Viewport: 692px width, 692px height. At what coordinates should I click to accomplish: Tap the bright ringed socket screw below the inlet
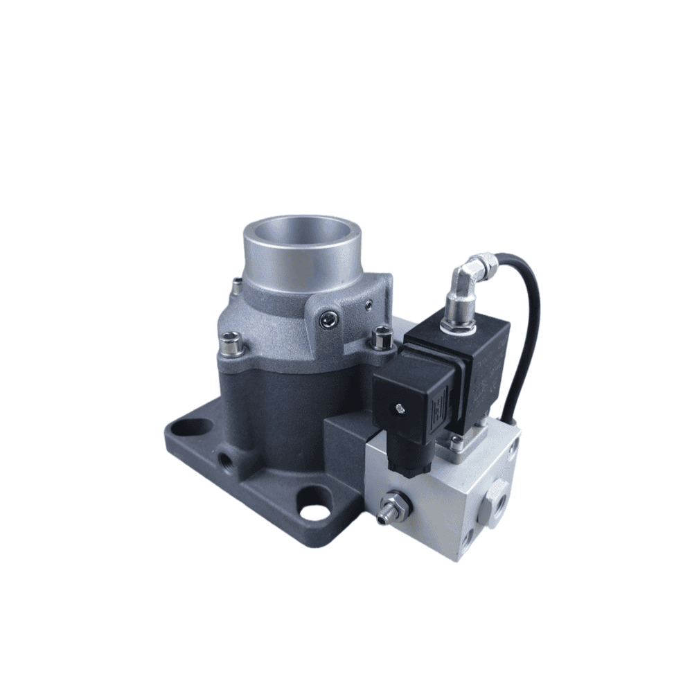329,319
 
